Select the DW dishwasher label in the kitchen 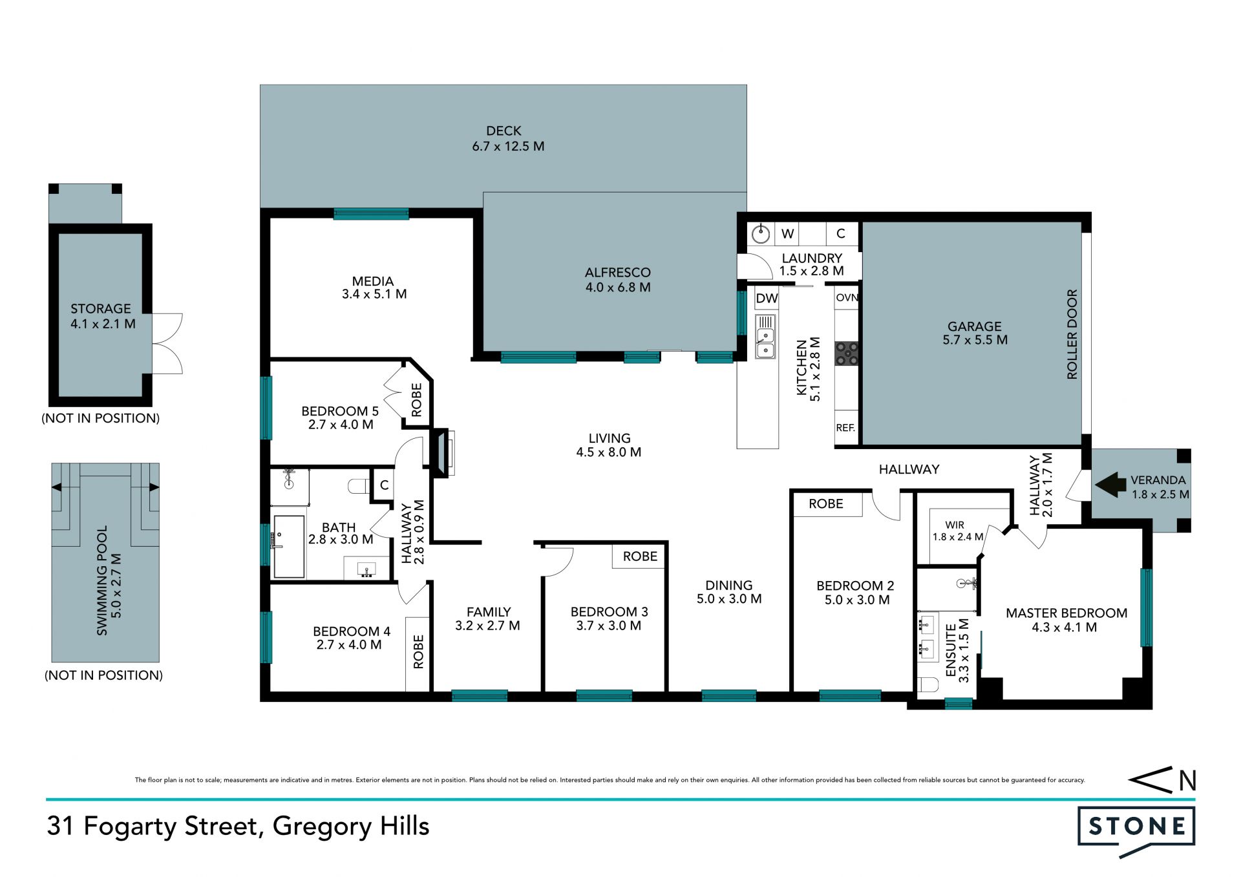tap(767, 298)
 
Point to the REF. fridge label tap(845, 428)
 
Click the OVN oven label tap(847, 298)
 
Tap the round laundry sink tap(761, 233)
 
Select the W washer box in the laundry tap(787, 233)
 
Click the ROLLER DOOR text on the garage tap(1072, 334)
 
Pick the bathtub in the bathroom tap(289, 546)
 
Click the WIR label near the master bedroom tap(955, 525)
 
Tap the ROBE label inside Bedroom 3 tap(640, 556)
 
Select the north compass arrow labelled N tap(1162, 780)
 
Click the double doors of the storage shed tap(167, 344)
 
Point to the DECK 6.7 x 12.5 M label tap(507, 138)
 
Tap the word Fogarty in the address tap(131, 827)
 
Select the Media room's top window tap(371, 214)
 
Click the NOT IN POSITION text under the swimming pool tap(103, 675)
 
